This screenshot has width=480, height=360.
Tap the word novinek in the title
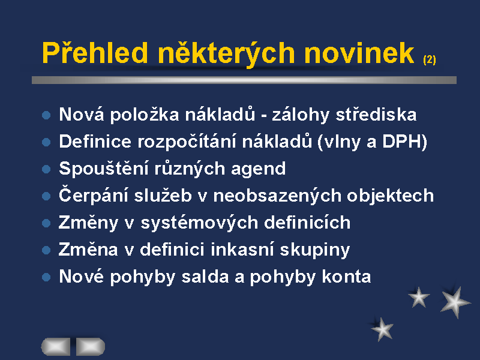359,53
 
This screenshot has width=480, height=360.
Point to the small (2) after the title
430,59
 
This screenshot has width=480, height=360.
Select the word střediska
376,114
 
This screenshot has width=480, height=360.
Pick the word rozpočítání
187,142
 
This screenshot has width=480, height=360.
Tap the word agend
258,169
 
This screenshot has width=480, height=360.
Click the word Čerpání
94,195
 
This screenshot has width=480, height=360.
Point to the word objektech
391,196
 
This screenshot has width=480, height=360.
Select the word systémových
199,222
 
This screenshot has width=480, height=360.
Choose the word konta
346,277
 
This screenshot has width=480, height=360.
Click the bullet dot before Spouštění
46,169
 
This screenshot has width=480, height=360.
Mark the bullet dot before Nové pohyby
46,277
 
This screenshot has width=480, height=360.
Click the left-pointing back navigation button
56,347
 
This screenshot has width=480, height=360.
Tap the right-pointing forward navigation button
91,347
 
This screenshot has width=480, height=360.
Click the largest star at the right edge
455,302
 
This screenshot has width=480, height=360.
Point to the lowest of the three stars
382,329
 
